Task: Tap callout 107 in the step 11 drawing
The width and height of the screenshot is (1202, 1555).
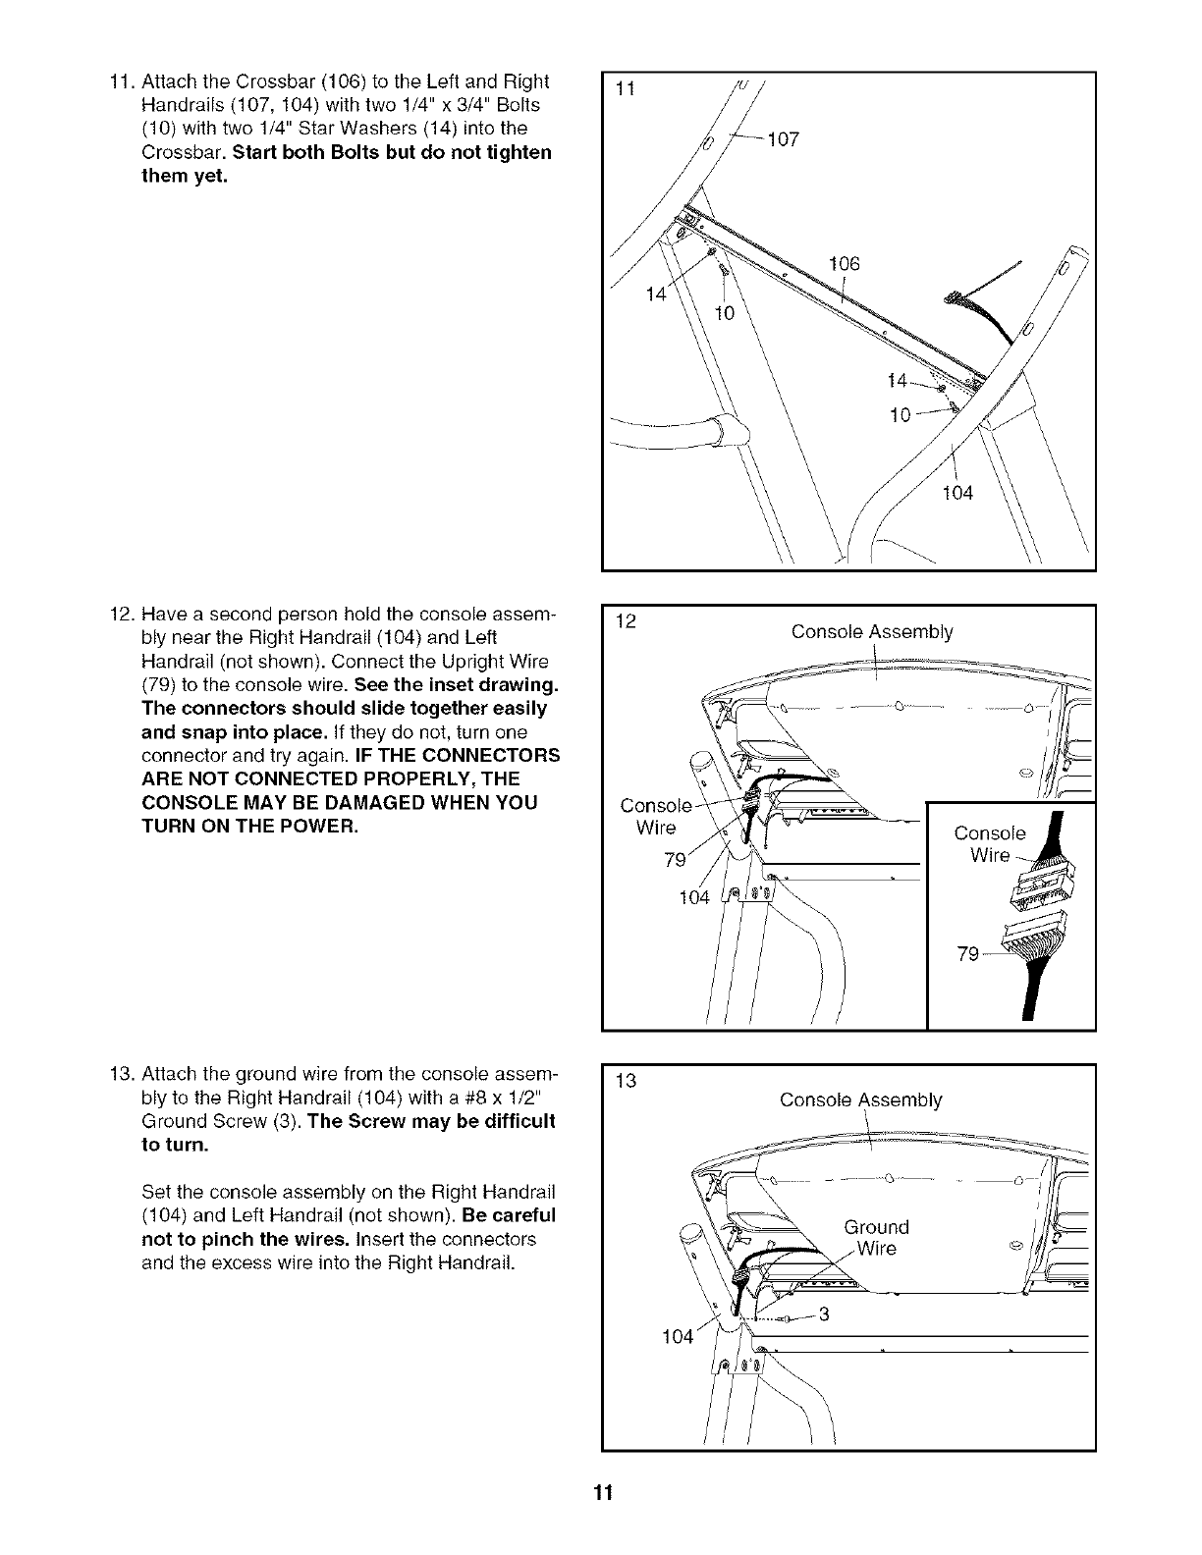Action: click(784, 139)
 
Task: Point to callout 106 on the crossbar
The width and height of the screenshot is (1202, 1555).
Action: click(844, 263)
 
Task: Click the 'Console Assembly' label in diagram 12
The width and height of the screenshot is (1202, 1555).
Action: click(872, 632)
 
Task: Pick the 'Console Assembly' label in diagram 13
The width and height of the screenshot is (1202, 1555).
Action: click(860, 1099)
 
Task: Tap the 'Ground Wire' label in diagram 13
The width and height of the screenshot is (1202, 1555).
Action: click(877, 1238)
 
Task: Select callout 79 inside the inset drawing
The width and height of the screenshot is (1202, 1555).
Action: click(968, 953)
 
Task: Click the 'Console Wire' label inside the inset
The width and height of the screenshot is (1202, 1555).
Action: click(990, 844)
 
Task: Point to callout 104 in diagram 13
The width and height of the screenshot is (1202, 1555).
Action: click(678, 1337)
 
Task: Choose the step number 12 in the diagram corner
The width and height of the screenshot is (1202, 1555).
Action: click(624, 620)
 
